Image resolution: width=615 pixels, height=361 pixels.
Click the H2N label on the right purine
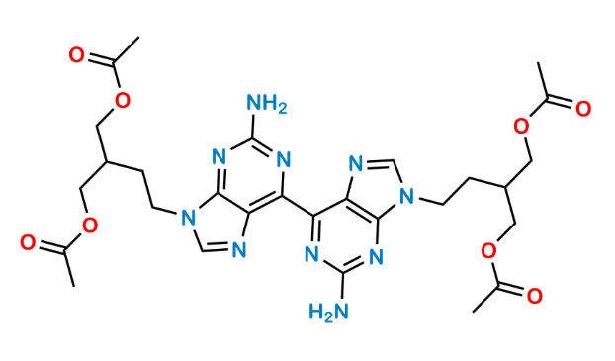pos(329,313)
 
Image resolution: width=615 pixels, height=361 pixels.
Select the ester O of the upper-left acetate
pos(123,99)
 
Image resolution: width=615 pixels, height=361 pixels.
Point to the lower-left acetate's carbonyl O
pos(30,241)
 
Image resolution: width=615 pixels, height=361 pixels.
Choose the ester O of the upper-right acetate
pos(524,124)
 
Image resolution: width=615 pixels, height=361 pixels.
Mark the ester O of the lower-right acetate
pos(488,250)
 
